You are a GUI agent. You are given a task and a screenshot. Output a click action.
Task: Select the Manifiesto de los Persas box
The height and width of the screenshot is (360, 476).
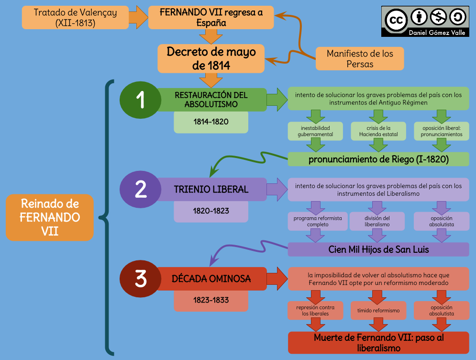click(360, 58)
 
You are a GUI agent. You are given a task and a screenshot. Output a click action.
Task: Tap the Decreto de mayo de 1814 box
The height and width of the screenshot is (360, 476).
click(211, 58)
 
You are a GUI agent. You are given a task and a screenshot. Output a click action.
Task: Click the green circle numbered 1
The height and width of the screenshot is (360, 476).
click(140, 100)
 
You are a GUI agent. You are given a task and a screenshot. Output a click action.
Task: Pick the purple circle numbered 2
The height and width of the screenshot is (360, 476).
click(140, 189)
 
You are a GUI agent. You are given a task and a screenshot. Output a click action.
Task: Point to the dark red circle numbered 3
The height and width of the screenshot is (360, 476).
click(140, 279)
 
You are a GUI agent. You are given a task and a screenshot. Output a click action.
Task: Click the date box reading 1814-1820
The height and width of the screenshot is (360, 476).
click(211, 122)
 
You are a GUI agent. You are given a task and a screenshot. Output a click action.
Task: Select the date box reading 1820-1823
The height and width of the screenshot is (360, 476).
click(211, 211)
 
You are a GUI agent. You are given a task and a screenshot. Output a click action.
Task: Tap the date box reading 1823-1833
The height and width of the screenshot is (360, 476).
click(211, 300)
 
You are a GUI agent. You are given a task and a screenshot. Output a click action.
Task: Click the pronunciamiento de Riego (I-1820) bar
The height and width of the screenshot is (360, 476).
click(378, 159)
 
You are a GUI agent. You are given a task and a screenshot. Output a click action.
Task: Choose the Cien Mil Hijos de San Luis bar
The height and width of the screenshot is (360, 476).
click(378, 249)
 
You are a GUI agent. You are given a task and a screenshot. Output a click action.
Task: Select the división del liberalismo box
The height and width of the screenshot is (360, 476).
click(377, 221)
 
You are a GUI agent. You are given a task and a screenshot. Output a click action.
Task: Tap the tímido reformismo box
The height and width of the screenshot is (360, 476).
click(378, 311)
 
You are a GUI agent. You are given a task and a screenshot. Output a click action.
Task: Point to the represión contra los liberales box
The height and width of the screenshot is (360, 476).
click(315, 311)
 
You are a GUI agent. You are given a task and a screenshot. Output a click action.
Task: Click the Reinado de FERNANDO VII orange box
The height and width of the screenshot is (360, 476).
click(49, 217)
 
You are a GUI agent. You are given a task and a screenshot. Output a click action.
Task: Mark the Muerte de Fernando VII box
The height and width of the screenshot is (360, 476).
click(378, 343)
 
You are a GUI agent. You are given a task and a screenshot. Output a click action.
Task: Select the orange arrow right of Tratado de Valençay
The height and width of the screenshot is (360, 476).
click(139, 17)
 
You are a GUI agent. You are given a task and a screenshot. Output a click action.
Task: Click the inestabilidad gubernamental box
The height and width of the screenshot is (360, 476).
click(316, 131)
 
